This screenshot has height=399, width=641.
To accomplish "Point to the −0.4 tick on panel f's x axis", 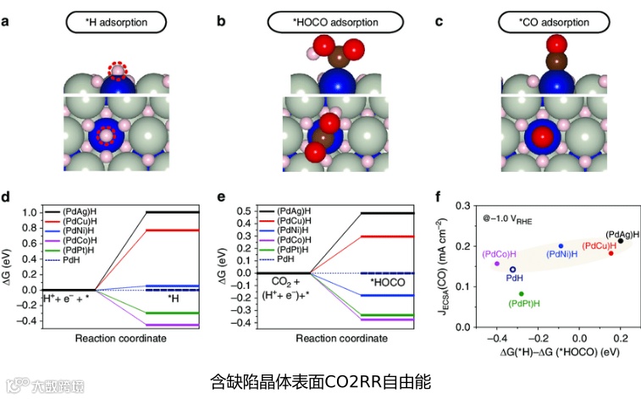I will tap(497, 338).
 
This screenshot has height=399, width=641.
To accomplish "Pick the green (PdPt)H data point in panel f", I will tap(521, 294).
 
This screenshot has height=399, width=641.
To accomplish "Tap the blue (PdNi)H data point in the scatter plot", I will tap(561, 247).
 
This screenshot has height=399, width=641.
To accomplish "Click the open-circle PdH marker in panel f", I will tap(513, 269).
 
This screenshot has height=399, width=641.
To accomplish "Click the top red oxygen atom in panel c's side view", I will tap(556, 44).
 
